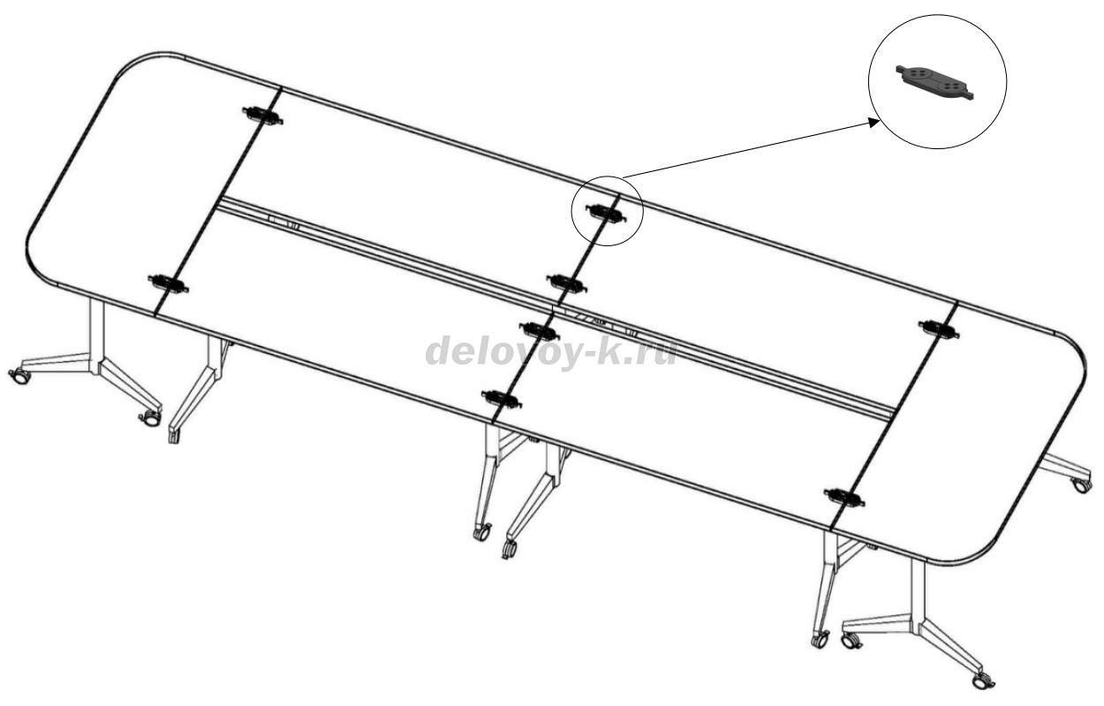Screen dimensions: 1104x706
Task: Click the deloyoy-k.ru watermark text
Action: coord(550,351)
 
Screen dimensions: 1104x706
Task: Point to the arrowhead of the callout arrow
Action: coord(874,122)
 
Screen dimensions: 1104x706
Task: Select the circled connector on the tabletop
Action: coord(606,213)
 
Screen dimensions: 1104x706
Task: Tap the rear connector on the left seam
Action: coord(262,116)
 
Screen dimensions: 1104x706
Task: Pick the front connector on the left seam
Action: coord(168,283)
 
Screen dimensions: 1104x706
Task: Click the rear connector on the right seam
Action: coord(938,329)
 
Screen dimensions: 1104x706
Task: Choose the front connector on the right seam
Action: coord(844,496)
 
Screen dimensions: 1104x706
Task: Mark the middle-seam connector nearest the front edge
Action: coord(502,398)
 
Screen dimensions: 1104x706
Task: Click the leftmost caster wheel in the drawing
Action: coord(20,376)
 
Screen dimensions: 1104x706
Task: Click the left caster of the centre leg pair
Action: coord(481,533)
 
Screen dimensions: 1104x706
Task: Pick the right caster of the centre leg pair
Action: coord(509,548)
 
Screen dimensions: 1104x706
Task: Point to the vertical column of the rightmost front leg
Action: coord(919,594)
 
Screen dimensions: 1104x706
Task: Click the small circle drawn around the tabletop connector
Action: coord(607,211)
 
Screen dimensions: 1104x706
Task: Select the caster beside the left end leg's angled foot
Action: coord(150,419)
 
